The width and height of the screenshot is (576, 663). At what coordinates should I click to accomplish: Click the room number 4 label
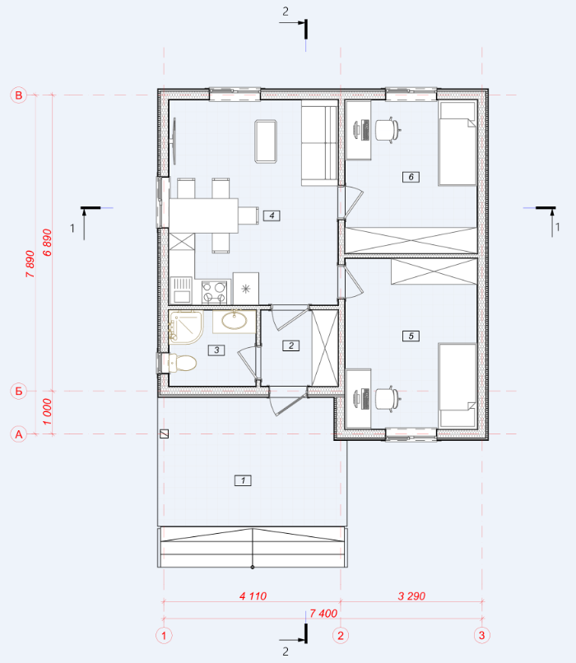[272, 216]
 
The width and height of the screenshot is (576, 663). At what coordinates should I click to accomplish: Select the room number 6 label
[411, 177]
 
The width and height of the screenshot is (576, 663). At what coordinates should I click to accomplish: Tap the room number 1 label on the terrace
[243, 480]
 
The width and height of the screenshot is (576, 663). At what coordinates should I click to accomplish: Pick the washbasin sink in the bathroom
[234, 321]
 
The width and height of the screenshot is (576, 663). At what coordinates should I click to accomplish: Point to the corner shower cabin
[186, 327]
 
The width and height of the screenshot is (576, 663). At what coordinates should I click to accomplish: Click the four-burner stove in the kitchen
[214, 292]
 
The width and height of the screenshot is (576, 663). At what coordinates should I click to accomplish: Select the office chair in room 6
[388, 130]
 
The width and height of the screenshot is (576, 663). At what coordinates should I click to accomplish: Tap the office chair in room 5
[388, 399]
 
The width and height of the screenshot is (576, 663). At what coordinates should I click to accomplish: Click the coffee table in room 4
[266, 141]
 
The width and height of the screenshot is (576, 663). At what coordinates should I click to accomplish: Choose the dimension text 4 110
[253, 596]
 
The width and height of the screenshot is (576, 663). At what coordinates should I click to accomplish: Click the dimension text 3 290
[411, 596]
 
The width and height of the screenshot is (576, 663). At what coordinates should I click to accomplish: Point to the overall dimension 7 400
[323, 613]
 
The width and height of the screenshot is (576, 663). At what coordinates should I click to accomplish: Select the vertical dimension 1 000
[47, 412]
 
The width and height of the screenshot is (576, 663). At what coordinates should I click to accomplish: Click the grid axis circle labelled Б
[19, 391]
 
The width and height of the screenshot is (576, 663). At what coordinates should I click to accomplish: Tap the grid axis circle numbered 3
[481, 635]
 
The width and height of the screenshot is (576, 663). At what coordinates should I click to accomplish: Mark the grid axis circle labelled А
[19, 434]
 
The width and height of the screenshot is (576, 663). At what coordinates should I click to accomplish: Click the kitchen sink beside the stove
[181, 290]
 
